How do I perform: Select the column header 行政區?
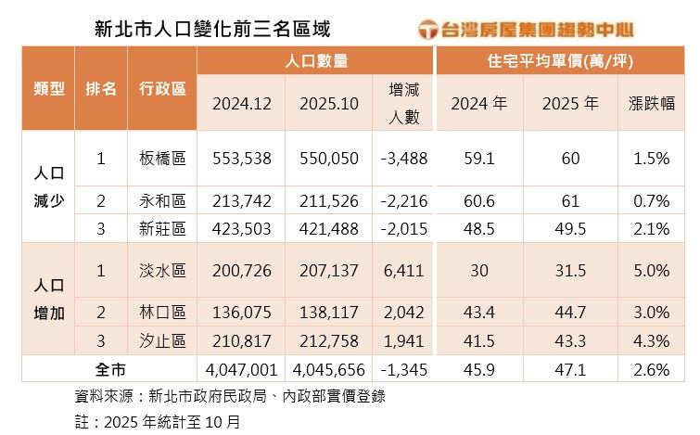tap(162, 88)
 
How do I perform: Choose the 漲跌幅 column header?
tap(646, 103)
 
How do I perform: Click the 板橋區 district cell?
tap(162, 159)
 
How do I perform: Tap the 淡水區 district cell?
tap(162, 270)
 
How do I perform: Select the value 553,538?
tap(241, 159)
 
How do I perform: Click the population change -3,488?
tap(403, 159)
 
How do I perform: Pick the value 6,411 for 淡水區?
tap(403, 270)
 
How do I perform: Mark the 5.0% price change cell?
tap(646, 270)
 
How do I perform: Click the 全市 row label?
tap(110, 369)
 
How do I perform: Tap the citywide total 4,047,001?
tap(242, 369)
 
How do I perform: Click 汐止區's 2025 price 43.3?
tap(566, 340)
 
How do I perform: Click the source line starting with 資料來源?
tap(229, 396)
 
